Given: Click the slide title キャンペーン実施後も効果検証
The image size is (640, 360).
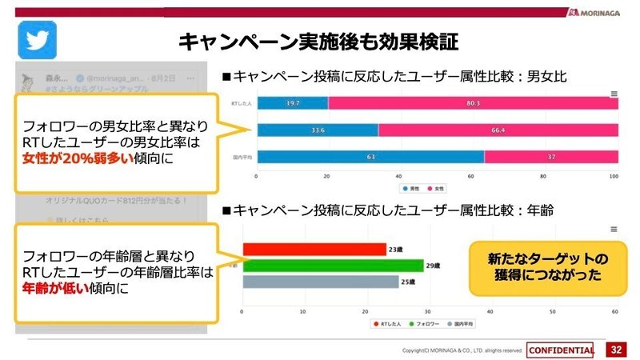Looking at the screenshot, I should (319, 42).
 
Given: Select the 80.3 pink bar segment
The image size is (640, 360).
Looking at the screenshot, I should (472, 103).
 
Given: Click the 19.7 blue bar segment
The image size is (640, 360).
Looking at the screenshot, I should (292, 103).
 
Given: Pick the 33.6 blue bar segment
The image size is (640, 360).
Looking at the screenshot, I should (317, 130).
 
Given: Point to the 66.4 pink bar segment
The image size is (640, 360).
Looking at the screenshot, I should (498, 130).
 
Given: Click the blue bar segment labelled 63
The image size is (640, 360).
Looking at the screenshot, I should (370, 157).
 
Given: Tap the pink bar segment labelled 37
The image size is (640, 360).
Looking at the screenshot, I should (550, 157).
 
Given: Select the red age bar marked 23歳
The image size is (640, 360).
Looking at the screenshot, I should (313, 249).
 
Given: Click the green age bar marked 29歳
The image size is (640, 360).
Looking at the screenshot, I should (332, 265).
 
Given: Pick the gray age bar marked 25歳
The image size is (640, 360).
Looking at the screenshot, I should (319, 282).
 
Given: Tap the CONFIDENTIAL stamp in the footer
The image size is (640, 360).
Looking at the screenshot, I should (561, 350).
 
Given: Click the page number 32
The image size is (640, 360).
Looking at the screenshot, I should (616, 350).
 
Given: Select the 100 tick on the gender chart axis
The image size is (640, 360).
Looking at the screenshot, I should (614, 176).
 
